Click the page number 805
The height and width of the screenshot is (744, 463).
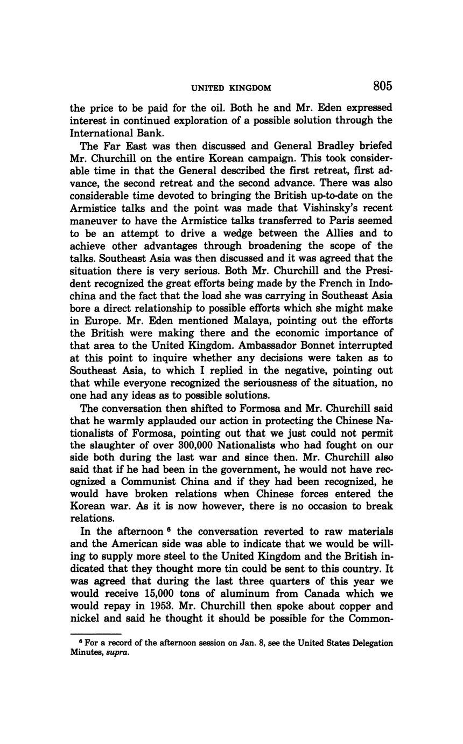pyautogui.click(x=382, y=86)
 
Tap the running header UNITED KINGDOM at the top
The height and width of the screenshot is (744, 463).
pyautogui.click(x=231, y=88)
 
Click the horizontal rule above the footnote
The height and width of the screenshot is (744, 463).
pyautogui.click(x=96, y=633)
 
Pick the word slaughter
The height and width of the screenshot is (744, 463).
pyautogui.click(x=115, y=445)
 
